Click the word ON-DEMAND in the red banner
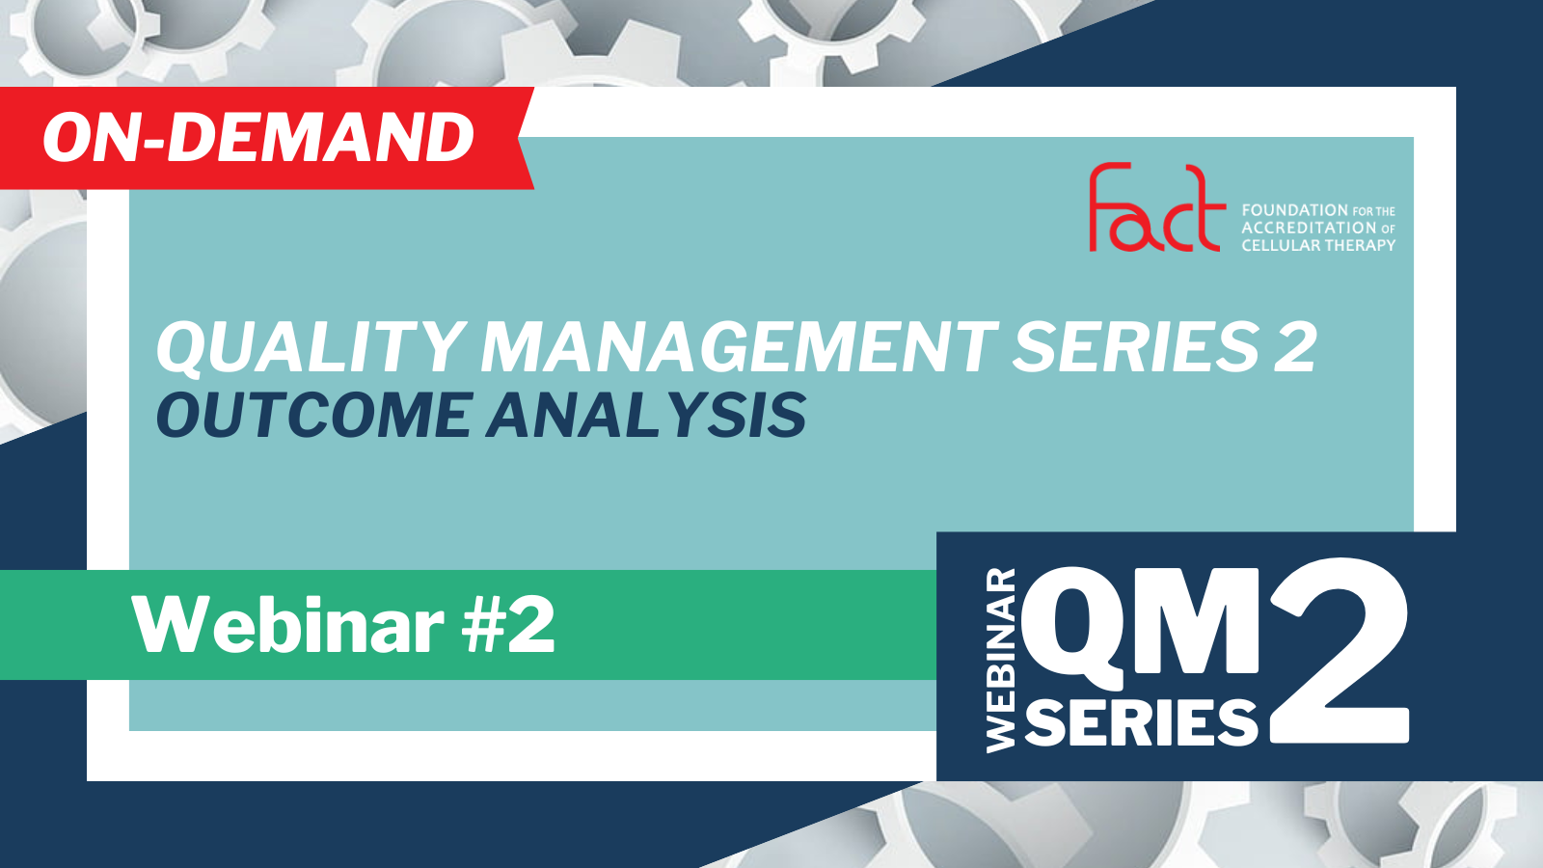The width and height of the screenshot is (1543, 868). click(258, 138)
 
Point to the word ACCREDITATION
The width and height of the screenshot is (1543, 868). click(1308, 228)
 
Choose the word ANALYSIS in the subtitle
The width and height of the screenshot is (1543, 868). click(646, 415)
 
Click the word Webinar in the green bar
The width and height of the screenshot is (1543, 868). click(288, 625)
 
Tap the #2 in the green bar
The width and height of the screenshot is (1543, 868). click(508, 625)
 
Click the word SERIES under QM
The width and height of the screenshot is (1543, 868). click(1142, 721)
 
